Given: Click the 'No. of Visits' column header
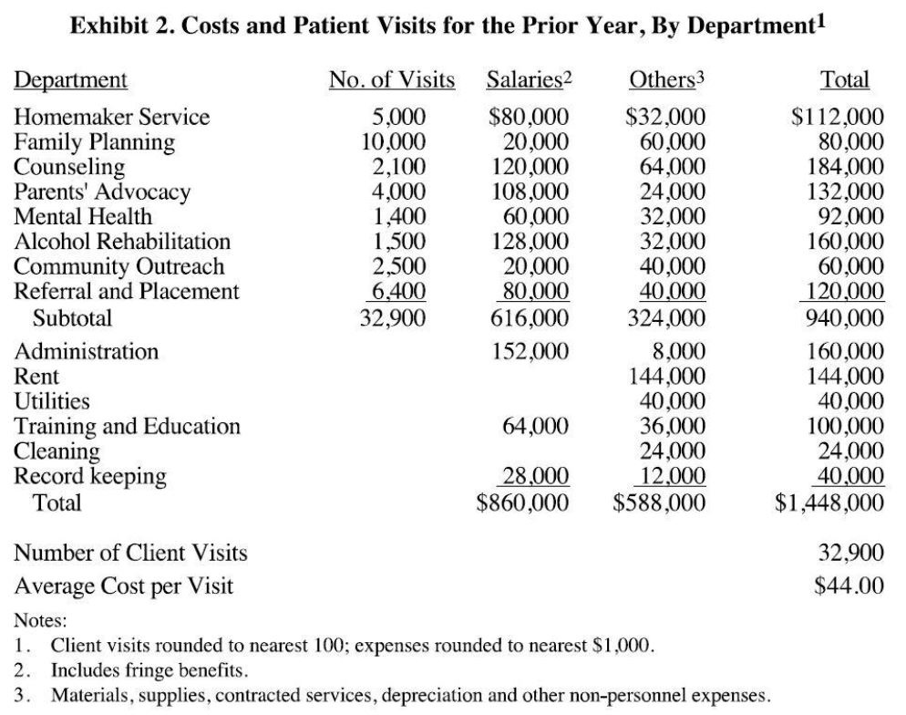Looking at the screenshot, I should [392, 80].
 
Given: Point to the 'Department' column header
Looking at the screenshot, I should [71, 80].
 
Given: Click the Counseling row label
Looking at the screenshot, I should [69, 167].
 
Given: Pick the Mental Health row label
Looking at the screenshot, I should [83, 217].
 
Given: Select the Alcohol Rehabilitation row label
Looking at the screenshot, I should [122, 242].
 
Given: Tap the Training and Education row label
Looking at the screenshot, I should [128, 426].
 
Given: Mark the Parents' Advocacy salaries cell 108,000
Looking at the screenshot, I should [530, 192].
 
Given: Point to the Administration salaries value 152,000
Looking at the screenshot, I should [530, 351].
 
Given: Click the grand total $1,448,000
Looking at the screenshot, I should [829, 502].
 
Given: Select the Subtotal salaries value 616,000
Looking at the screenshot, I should [530, 318].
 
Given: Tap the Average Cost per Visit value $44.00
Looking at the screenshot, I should [849, 585].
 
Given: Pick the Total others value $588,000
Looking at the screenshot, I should [660, 502].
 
